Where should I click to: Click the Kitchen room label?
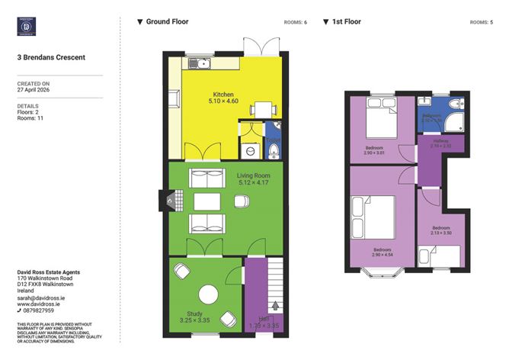coord(223,95)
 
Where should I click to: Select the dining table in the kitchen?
coord(261,109)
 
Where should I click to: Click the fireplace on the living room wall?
coord(162,201)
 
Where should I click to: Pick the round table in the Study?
coord(207,293)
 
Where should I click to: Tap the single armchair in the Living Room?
coord(241,201)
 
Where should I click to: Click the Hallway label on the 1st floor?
coord(440,142)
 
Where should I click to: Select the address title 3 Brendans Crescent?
coord(51,57)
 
